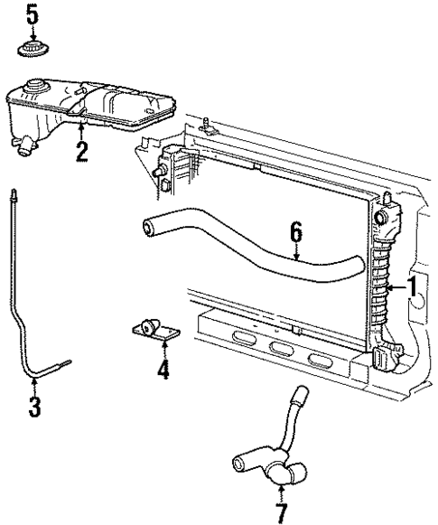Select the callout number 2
tap(82, 150)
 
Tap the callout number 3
tap(34, 407)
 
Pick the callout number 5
tap(33, 14)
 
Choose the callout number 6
tap(295, 234)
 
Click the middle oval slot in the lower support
tap(280, 350)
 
